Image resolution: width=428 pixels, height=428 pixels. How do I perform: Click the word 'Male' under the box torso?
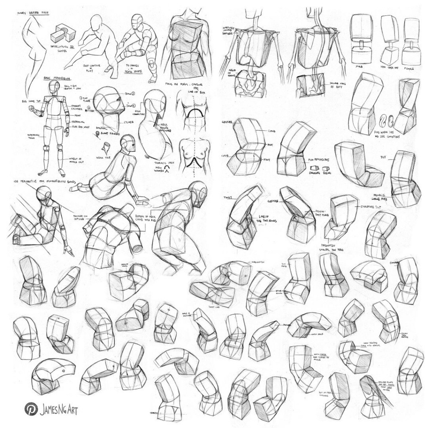[x=358, y=66]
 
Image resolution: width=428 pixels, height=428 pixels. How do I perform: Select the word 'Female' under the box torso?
[x=410, y=66]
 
